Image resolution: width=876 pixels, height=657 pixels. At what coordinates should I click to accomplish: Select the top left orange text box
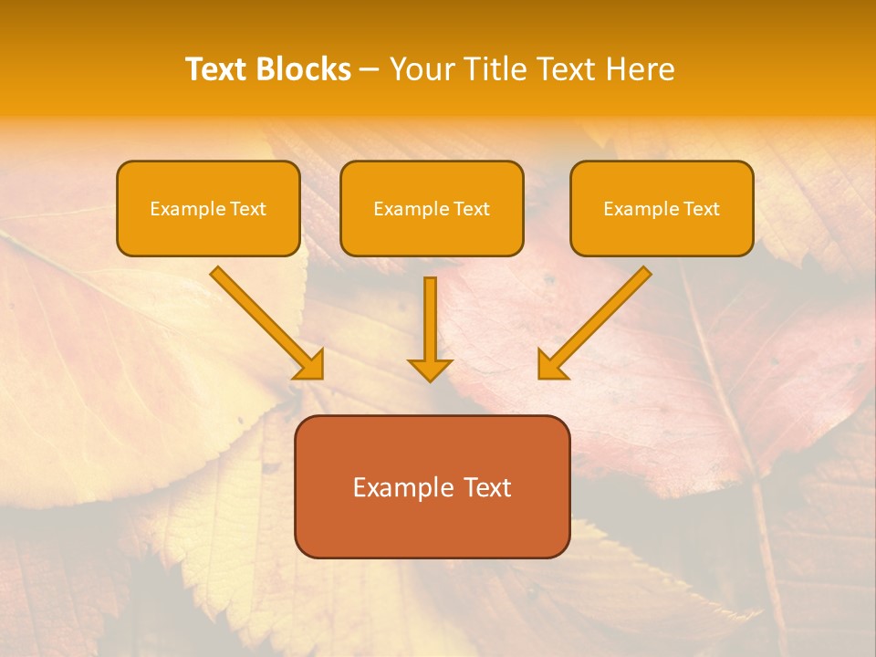click(x=208, y=208)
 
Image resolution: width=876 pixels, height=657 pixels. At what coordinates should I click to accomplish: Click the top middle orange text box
click(x=432, y=208)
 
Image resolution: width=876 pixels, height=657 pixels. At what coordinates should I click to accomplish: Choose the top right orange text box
click(x=662, y=208)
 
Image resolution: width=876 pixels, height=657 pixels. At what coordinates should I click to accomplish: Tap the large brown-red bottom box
click(x=432, y=486)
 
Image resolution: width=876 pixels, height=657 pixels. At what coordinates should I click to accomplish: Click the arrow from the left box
click(x=265, y=321)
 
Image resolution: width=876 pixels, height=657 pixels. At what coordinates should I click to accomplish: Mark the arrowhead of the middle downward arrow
click(x=430, y=370)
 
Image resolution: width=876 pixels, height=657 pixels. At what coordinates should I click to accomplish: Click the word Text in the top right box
click(x=701, y=209)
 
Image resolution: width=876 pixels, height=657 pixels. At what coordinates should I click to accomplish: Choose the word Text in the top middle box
click(x=471, y=209)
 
